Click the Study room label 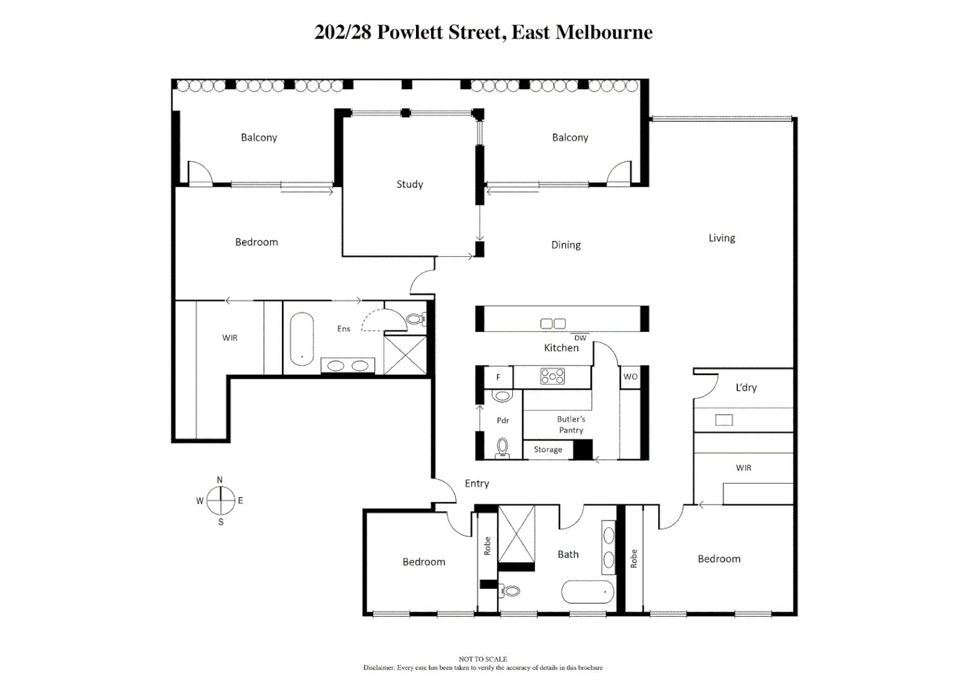[x=410, y=184]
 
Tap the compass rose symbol [x=220, y=501]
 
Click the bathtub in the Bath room [x=587, y=593]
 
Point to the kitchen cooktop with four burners [x=552, y=377]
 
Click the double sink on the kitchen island [x=553, y=324]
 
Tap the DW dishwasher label [x=580, y=338]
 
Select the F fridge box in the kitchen [x=498, y=377]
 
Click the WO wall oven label [x=630, y=376]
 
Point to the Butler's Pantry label [x=571, y=424]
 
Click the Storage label [x=547, y=450]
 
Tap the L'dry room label [x=746, y=388]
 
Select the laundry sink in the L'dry [x=724, y=420]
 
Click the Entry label [x=477, y=483]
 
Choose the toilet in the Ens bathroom [x=415, y=319]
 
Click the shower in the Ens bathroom [x=405, y=355]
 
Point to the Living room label [x=721, y=238]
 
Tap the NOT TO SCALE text [x=482, y=659]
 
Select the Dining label [x=566, y=245]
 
